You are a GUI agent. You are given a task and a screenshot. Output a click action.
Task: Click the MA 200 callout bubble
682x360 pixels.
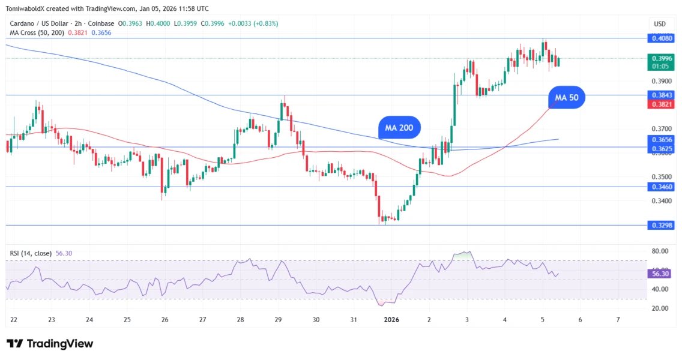(399, 128)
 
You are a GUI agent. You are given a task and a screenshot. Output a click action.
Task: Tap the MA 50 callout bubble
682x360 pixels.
(566, 97)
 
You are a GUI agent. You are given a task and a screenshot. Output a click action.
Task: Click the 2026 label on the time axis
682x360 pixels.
(391, 320)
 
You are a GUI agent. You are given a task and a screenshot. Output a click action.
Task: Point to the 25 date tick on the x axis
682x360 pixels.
(127, 320)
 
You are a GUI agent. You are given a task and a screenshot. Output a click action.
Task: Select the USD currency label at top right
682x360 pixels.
(659, 23)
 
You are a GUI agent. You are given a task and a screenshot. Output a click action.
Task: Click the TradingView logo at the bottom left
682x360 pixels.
(50, 344)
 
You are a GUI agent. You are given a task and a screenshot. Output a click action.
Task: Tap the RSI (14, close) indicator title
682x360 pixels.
(31, 254)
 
